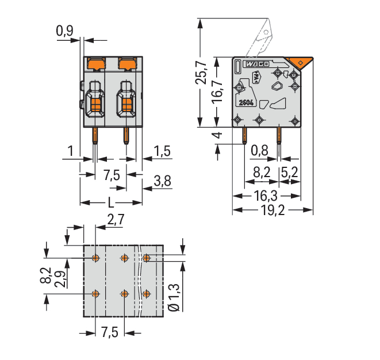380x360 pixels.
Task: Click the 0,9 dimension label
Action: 64,31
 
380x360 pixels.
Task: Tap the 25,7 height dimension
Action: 201,73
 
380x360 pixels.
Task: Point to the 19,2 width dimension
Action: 272,210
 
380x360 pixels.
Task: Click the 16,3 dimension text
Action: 266,196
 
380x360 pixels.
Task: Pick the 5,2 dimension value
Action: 290,173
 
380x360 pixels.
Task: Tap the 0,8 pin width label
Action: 259,151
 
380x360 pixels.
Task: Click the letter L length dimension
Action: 111,202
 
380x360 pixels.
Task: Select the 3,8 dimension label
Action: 162,181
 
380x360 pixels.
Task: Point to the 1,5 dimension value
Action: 162,151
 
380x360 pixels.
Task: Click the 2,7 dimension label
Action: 116,220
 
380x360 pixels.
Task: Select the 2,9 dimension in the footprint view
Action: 60,279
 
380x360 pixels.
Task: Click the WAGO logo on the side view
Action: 258,64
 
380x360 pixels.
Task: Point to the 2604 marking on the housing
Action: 246,103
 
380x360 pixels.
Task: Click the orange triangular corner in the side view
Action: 298,63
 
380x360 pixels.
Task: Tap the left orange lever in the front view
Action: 97,63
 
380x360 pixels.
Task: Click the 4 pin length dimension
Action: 218,135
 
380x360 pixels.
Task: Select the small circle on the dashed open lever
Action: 266,32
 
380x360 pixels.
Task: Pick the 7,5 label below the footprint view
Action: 110,332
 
